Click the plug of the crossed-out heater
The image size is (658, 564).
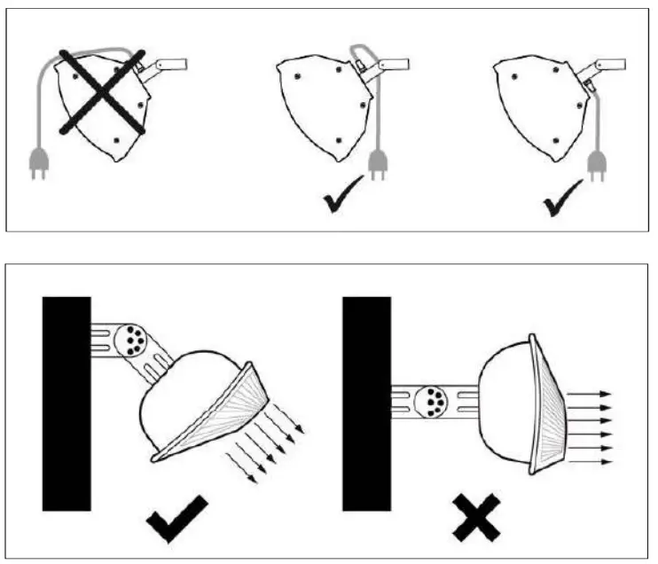pyautogui.click(x=38, y=161)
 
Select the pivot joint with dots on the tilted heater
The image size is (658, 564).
pyautogui.click(x=134, y=340)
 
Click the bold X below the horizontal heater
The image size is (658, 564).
pyautogui.click(x=477, y=519)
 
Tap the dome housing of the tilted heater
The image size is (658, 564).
pyautogui.click(x=187, y=399)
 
